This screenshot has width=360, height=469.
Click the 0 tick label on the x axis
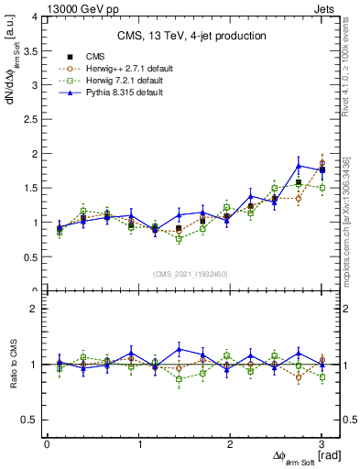(x=47, y=443)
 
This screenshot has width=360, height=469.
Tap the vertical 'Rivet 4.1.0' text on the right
(x=348, y=64)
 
